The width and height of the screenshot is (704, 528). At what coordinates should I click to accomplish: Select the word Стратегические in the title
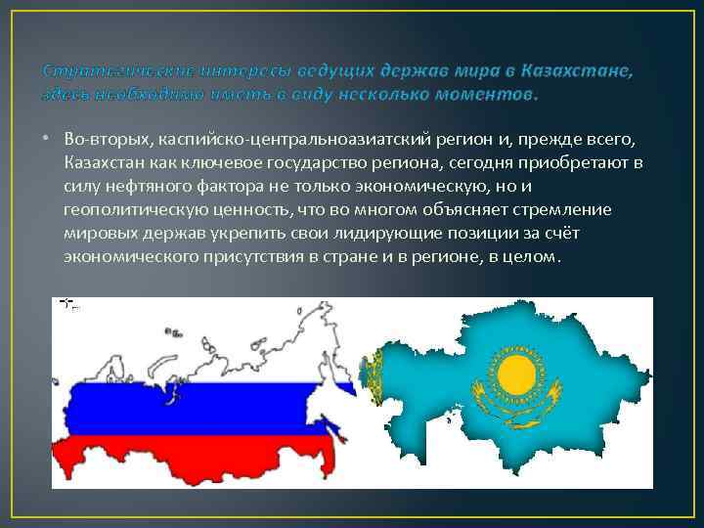(x=109, y=71)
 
